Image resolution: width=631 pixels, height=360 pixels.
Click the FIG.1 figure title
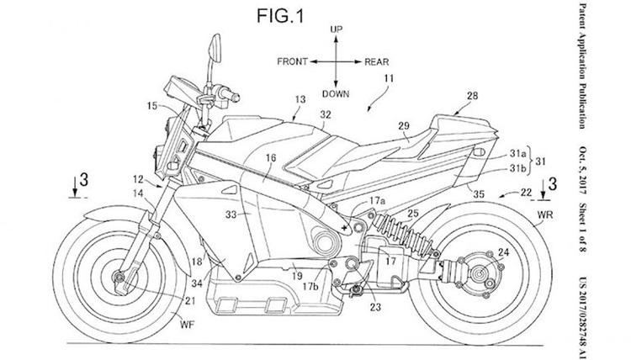280,16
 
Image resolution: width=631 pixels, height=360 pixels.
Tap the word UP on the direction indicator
336,29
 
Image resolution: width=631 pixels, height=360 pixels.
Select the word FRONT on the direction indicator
292,61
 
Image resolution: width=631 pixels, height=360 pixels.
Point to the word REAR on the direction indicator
377,62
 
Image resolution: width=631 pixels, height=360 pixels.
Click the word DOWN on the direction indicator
336,93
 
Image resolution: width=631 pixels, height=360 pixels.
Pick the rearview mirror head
215,48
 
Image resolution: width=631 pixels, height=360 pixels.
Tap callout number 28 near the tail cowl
473,96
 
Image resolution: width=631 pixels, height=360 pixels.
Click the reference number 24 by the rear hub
503,252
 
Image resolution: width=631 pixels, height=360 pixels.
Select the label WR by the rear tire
545,214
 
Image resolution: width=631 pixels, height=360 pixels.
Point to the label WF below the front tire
187,324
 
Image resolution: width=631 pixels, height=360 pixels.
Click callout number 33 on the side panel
231,214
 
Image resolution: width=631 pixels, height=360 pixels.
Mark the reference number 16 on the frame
271,157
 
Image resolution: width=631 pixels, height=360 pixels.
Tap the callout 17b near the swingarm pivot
310,287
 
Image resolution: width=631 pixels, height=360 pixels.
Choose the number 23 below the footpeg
375,307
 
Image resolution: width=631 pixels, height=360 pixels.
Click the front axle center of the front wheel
119,277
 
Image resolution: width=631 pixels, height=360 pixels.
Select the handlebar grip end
236,97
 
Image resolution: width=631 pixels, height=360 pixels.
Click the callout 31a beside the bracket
518,153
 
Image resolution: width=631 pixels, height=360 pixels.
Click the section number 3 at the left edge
83,180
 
